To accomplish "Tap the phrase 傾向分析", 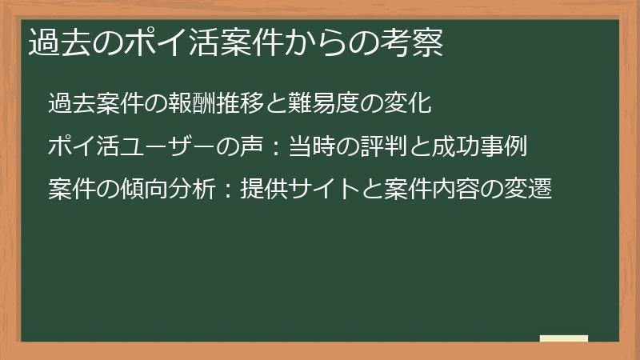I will point(169,191).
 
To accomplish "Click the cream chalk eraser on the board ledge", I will point(564,338).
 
